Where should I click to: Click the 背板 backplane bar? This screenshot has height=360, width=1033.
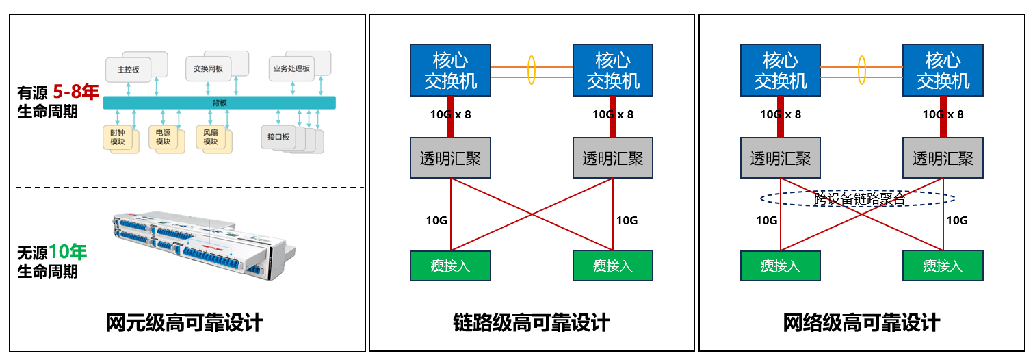tap(219, 103)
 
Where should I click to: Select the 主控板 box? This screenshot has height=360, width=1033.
tap(128, 70)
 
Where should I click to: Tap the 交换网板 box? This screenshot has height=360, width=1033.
tap(209, 69)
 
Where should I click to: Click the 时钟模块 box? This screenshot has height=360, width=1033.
tap(118, 137)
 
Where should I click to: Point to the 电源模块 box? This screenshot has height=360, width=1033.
tap(163, 137)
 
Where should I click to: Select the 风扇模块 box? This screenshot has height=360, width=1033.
tap(210, 137)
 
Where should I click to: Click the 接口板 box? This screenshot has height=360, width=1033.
tap(278, 137)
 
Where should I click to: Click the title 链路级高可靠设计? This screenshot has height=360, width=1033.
tap(532, 322)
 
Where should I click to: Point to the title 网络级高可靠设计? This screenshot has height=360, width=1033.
tap(861, 322)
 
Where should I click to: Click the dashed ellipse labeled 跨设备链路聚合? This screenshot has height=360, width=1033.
tap(858, 198)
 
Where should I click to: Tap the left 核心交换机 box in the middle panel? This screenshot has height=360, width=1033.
tap(450, 70)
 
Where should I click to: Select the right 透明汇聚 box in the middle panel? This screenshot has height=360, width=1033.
tap(613, 159)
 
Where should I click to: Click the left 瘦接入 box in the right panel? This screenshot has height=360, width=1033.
tap(781, 266)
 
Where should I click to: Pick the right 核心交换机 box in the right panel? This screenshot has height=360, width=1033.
tap(943, 70)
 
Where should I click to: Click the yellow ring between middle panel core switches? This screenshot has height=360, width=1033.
tap(531, 70)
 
